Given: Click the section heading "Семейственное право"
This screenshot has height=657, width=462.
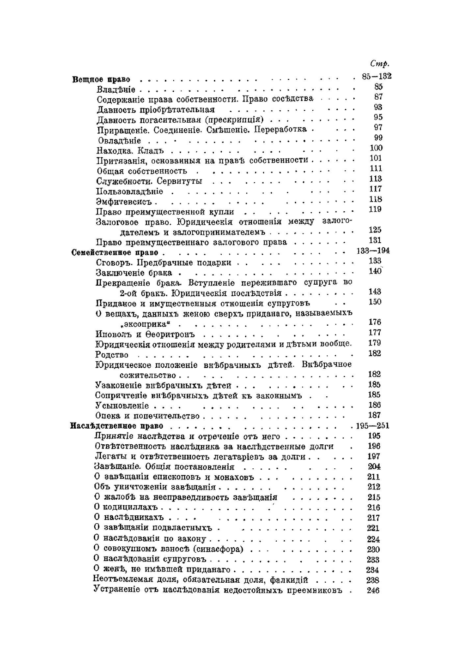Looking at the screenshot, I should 115,253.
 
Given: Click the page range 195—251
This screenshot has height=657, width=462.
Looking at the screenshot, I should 373,425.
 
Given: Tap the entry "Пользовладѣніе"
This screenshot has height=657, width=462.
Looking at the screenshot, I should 129,191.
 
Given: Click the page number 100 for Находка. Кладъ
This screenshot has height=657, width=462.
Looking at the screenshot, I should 377,148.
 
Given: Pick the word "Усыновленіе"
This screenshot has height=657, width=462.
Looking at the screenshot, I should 122,406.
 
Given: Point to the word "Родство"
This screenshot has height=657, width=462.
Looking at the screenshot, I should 112,355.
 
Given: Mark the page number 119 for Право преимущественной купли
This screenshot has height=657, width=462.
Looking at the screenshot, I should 376,209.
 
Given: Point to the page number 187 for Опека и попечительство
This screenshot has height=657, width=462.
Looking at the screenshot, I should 374,415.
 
